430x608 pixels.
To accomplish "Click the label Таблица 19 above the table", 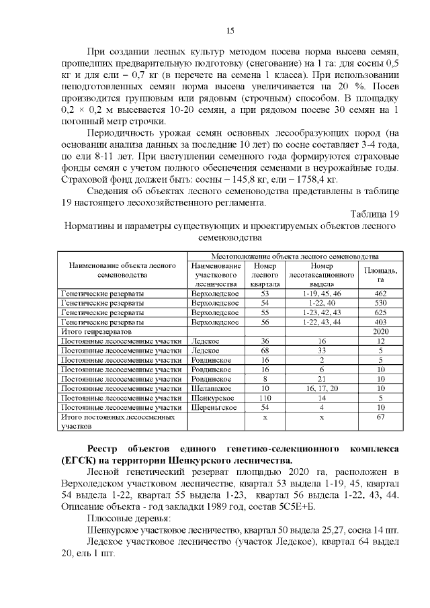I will [x=375, y=214].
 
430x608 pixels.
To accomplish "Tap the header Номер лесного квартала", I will [x=264, y=275].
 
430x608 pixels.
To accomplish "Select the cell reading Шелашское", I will [x=212, y=388].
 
